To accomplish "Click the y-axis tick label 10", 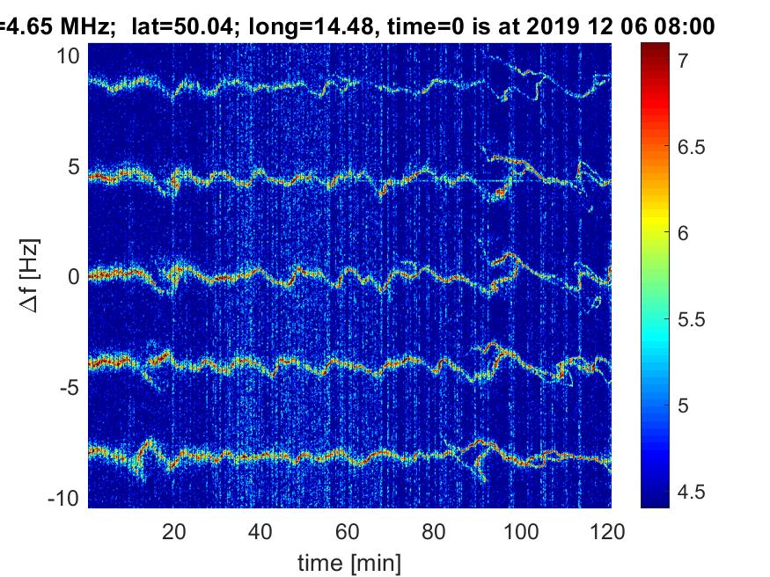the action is (x=68, y=56).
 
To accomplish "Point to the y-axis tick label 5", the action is (x=73, y=167).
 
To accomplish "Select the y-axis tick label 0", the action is (x=73, y=277).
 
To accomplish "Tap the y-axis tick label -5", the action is (x=70, y=388).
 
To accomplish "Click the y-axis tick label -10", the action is (x=63, y=499).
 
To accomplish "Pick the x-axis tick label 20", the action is (x=174, y=532).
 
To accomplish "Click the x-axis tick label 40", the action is (x=260, y=532).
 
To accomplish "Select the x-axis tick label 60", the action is (x=348, y=532).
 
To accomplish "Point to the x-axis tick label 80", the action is (x=434, y=532).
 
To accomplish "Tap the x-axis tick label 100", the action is (x=521, y=532).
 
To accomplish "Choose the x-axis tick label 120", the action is (x=607, y=532).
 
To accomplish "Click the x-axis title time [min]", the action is (x=349, y=563).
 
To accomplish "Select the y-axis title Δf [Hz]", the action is (x=30, y=275).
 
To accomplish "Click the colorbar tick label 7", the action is (x=683, y=61).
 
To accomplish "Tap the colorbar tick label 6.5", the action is (x=692, y=147).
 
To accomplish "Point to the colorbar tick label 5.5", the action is (x=692, y=319).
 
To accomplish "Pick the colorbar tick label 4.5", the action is (x=692, y=492).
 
